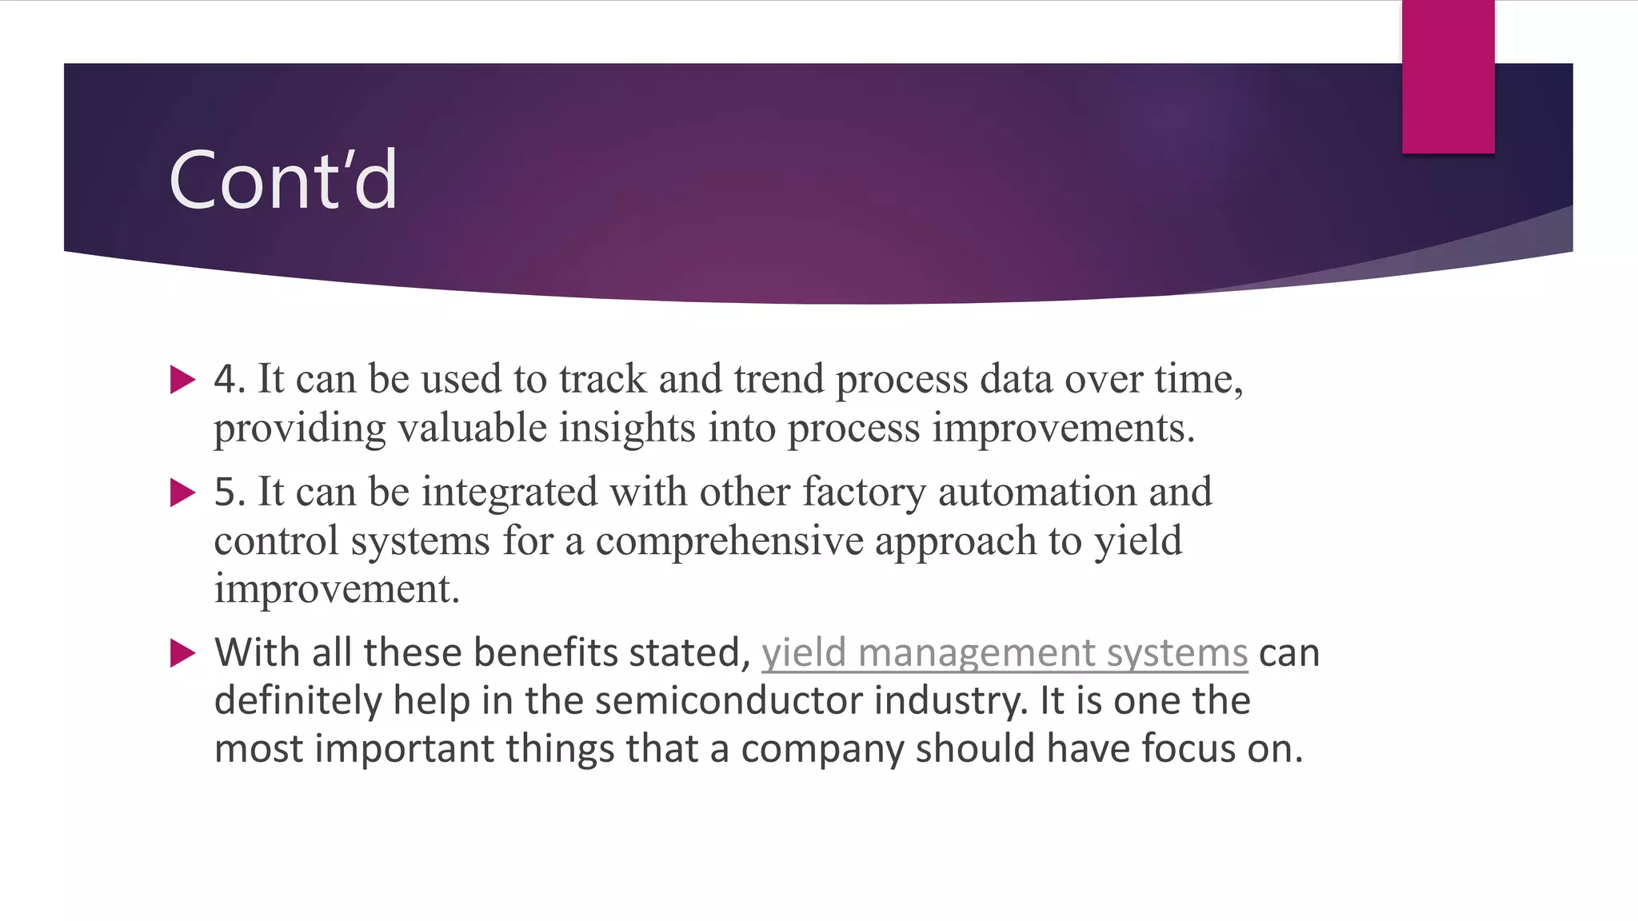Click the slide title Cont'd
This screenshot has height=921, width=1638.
283,181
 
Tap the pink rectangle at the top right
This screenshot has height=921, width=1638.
1448,77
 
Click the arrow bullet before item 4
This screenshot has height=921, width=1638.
183,380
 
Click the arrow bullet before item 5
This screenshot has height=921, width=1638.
183,492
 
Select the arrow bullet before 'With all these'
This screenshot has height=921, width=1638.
183,653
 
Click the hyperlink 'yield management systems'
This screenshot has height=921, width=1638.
1004,653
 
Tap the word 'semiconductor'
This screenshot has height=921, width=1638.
728,701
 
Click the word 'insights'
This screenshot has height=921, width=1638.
626,428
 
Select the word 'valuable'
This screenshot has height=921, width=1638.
472,428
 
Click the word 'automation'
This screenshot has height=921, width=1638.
1037,492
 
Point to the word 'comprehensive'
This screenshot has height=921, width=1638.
729,541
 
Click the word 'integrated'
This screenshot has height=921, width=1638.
509,492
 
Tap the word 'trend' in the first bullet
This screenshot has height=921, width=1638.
778,379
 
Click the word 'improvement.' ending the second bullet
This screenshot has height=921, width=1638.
337,590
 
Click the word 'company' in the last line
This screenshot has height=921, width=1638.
821,750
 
